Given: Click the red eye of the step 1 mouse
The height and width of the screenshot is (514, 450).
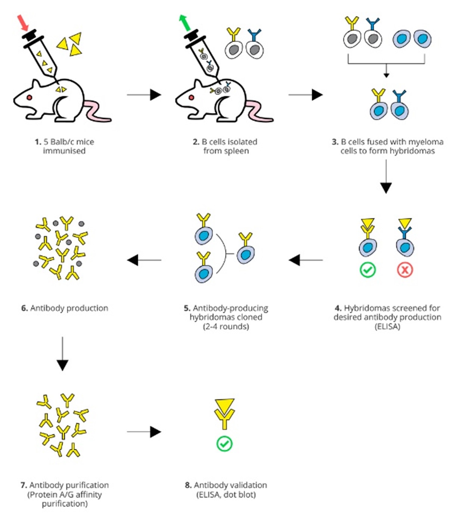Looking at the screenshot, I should tap(29, 97).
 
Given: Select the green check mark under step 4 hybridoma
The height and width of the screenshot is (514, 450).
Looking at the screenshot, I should tap(367, 270).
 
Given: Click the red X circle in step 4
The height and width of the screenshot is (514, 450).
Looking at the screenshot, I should tap(405, 270).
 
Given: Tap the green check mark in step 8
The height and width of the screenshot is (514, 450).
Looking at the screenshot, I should tap(224, 444).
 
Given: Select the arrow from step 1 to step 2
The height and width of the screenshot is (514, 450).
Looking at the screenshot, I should tap(144, 95).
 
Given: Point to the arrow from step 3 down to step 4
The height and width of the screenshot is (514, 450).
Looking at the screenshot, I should tap(386, 177).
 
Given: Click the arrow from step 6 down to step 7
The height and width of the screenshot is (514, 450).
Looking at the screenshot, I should tap(62, 353).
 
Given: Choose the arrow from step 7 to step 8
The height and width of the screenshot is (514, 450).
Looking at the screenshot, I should tap(144, 431).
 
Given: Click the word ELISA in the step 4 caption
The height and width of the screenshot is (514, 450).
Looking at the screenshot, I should tap(387, 326).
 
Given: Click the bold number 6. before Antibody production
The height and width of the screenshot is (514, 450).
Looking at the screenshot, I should tap(24, 308).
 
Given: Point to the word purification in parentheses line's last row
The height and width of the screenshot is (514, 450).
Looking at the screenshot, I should tap(65, 504).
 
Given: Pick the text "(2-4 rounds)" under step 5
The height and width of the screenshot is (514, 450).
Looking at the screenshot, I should tap(226, 326).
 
